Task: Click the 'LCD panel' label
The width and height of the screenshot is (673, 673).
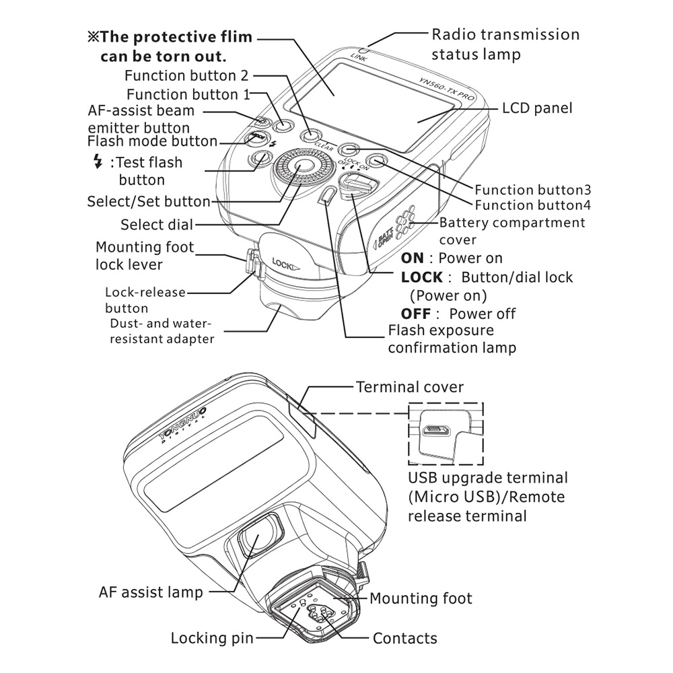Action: (537, 108)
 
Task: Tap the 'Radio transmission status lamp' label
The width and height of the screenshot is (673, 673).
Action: (505, 44)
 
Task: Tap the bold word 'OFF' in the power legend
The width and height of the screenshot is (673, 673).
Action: (416, 314)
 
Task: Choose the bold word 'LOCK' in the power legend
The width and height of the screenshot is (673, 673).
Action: (422, 277)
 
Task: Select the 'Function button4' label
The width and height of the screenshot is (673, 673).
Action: (533, 205)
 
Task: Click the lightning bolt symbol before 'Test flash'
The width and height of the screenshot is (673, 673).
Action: (99, 162)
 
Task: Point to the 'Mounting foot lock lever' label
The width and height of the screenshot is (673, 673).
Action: (144, 256)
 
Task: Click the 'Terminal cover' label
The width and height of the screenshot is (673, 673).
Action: (409, 387)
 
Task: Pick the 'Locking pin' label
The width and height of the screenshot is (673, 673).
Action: (212, 637)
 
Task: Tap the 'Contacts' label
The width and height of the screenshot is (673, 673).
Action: (404, 638)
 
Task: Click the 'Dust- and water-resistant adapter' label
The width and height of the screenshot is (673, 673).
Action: (162, 330)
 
